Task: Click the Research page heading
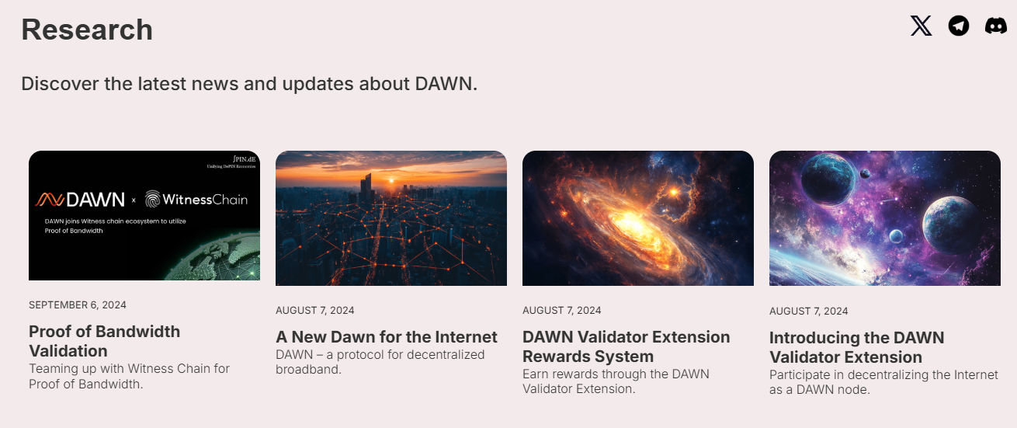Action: point(87,30)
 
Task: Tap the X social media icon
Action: point(922,26)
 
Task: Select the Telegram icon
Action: point(959,26)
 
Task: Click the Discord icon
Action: point(996,26)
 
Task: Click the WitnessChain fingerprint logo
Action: point(152,199)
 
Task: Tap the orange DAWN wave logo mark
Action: point(50,200)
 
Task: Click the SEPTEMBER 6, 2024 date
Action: point(78,304)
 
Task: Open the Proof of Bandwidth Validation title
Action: point(105,341)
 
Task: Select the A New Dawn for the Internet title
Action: point(387,336)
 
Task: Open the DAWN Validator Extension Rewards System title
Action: point(626,346)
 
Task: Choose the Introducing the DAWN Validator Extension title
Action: point(857,347)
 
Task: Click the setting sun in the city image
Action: point(391,181)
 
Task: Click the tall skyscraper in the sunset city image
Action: point(366,187)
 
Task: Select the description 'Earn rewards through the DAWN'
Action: point(616,374)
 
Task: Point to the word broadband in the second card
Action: point(308,370)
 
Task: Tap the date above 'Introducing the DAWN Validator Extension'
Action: point(809,311)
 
